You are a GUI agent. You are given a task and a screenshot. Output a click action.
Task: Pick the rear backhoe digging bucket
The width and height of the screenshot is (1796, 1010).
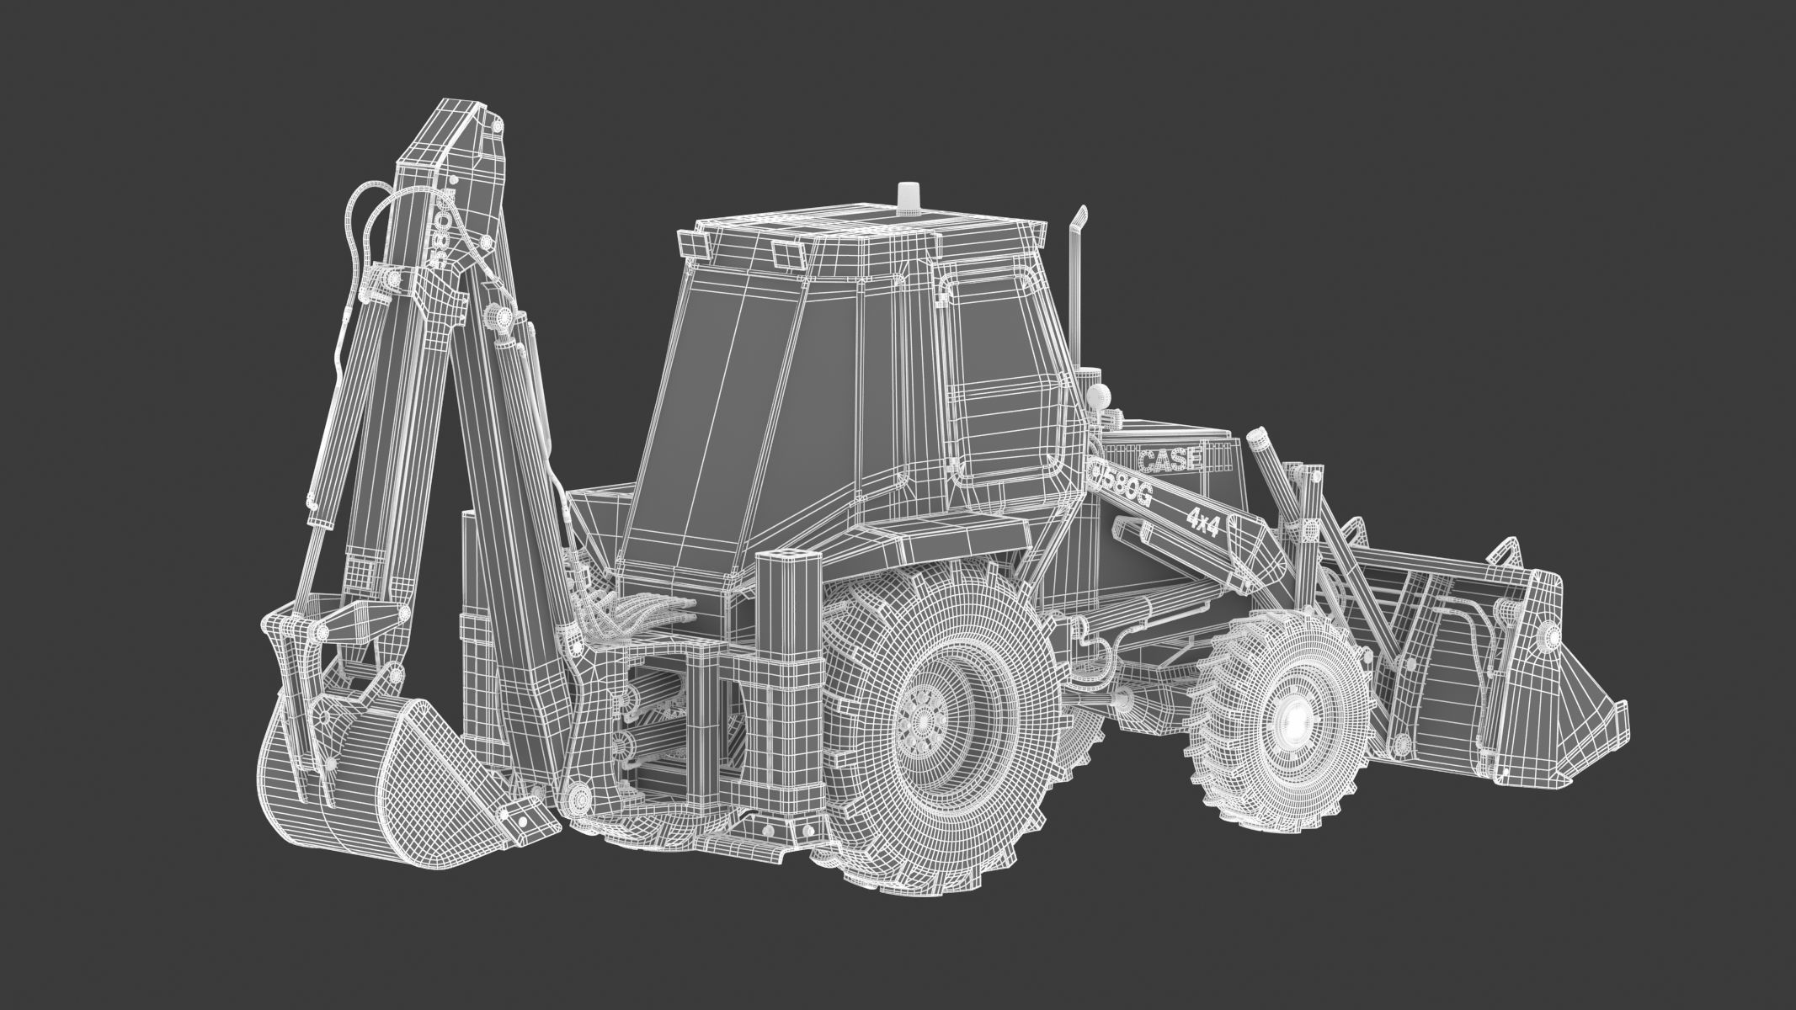click(370, 774)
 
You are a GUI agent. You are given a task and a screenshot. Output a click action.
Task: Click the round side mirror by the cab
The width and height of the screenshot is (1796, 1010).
click(1099, 395)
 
